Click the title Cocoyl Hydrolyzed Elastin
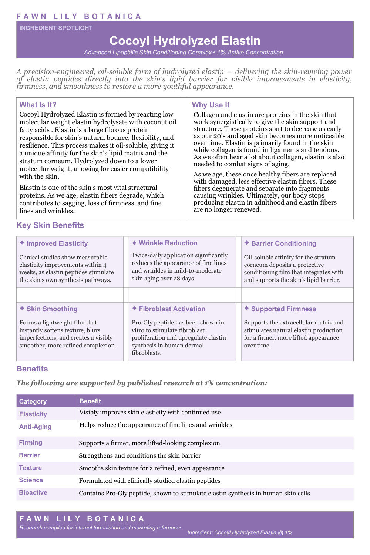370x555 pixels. pyautogui.click(x=185, y=41)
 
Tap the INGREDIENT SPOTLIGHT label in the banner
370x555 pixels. pyautogui.click(x=56, y=28)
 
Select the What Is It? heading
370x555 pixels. pyautogui.click(x=38, y=105)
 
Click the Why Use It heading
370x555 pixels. pyautogui.click(x=211, y=105)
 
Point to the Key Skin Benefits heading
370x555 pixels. pyautogui.click(x=50, y=225)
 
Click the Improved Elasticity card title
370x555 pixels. pyautogui.click(x=57, y=243)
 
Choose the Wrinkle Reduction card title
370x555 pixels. pyautogui.click(x=168, y=243)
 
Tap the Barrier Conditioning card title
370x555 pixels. pyautogui.click(x=283, y=243)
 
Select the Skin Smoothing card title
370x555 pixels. pyautogui.click(x=52, y=309)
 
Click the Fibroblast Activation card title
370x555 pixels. pyautogui.click(x=172, y=309)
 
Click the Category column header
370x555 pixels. pyautogui.click(x=33, y=401)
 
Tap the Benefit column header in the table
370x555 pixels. pyautogui.click(x=90, y=401)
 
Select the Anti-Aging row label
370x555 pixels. pyautogui.click(x=35, y=427)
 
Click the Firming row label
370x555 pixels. pyautogui.click(x=31, y=443)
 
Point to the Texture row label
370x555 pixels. pyautogui.click(x=30, y=468)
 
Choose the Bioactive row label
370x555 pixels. pyautogui.click(x=33, y=492)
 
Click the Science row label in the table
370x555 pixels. pyautogui.click(x=31, y=480)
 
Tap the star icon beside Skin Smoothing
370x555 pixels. pyautogui.click(x=22, y=308)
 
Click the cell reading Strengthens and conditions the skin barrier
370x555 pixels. pyautogui.click(x=140, y=455)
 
